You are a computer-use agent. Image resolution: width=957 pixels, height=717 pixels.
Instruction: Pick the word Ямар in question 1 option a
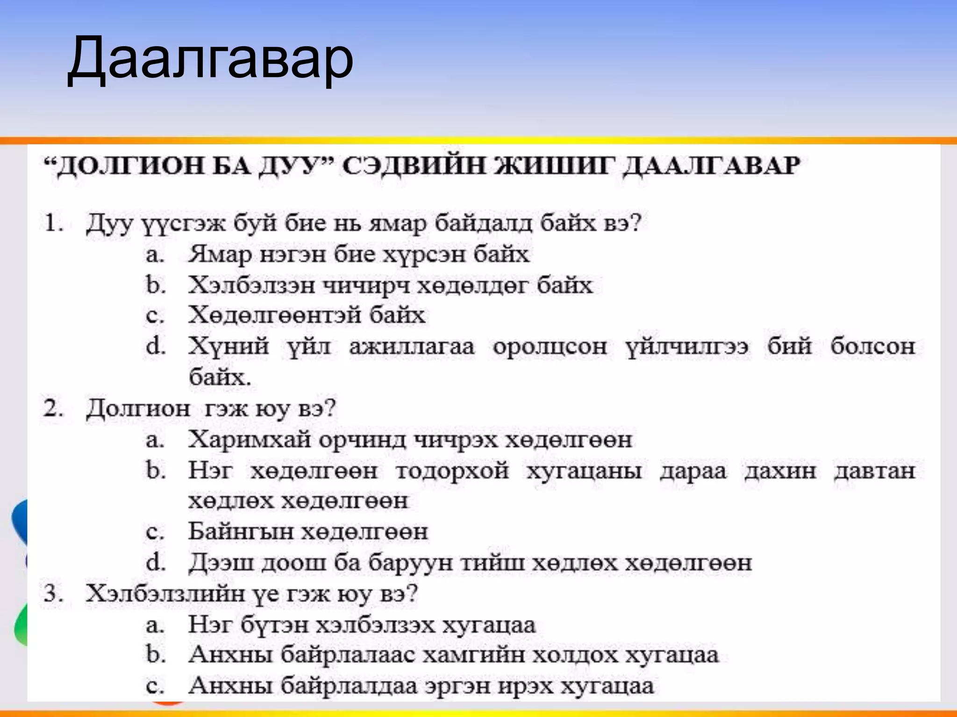pos(219,255)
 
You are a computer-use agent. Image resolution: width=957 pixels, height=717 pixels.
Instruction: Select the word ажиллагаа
pos(412,346)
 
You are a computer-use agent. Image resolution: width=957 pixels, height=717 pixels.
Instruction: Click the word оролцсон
pos(550,346)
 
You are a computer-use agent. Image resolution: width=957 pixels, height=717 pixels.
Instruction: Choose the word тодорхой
pos(452,470)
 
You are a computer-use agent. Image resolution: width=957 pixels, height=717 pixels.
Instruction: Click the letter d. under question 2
pos(156,562)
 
